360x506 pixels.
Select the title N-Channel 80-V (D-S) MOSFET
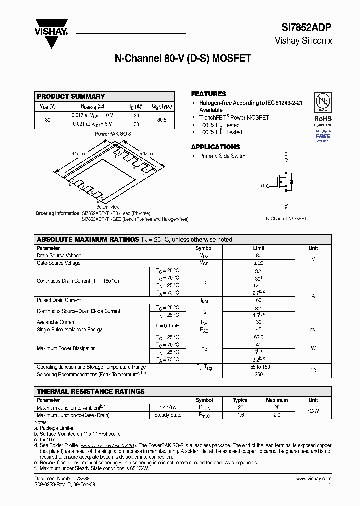coord(183,58)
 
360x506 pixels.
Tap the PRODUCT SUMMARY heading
coord(71,96)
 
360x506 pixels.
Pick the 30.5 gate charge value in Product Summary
coord(161,120)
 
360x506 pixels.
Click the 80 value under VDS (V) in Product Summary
coord(48,120)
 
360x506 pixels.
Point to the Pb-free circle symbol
coord(322,102)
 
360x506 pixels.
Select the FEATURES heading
coord(208,94)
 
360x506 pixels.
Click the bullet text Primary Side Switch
coord(223,156)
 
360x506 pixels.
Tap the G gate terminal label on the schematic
coord(262,185)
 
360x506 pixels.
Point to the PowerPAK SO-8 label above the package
coord(113,134)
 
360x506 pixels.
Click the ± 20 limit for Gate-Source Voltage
coord(259,263)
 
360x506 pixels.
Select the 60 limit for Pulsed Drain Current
coord(259,300)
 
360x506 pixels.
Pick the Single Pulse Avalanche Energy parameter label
coord(69,330)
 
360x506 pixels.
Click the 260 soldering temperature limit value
coord(259,374)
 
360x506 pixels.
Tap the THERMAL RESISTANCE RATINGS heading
coord(91,391)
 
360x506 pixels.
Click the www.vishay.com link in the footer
coord(313,479)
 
